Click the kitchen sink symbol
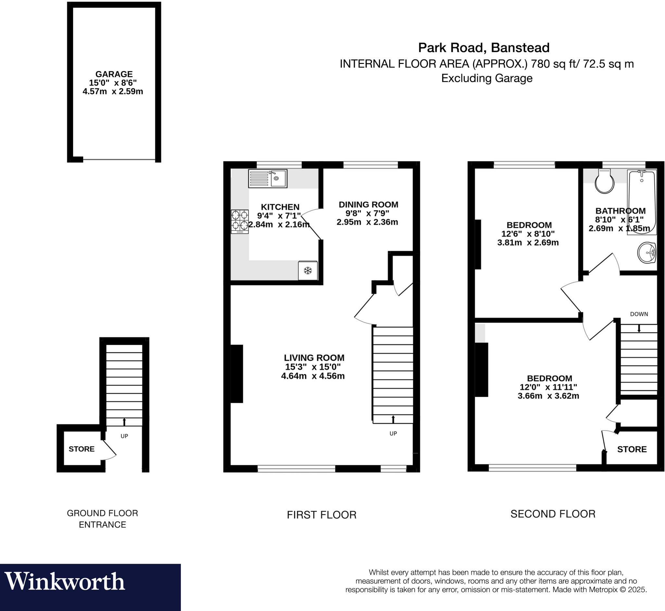pos(268,178)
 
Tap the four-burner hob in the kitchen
pos(240,222)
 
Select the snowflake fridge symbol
pos(308,271)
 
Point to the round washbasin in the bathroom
pos(647,253)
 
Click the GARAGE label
pos(114,74)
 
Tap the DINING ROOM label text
pos(368,205)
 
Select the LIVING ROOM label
pos(314,358)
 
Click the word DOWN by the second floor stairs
pos(639,314)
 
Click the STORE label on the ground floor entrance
pos(82,449)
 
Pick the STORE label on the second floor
pos(632,449)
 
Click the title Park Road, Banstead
pos(484,48)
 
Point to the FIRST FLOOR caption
pos(321,515)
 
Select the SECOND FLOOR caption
pos(553,514)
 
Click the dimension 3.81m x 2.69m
pos(528,243)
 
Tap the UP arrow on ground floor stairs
pos(124,422)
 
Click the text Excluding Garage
pos(487,78)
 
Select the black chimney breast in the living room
pos(237,373)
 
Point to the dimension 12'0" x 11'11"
pos(548,387)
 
